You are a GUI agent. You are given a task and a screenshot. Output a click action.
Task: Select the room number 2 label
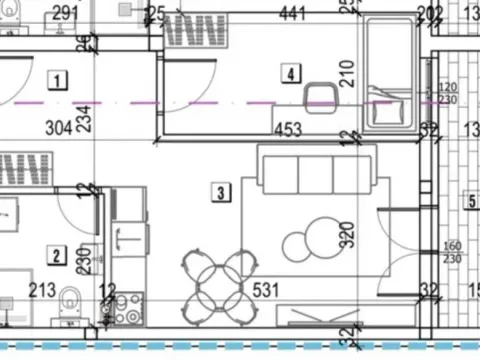pyautogui.click(x=57, y=256)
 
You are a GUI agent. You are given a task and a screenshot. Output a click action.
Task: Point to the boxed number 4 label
pyautogui.click(x=290, y=73)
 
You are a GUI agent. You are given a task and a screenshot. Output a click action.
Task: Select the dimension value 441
pyautogui.click(x=292, y=13)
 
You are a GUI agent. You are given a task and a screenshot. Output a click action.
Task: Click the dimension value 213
pyautogui.click(x=42, y=291)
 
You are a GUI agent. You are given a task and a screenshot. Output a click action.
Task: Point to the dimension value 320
pyautogui.click(x=347, y=236)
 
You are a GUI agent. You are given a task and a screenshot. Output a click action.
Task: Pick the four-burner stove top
pyautogui.click(x=128, y=308)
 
